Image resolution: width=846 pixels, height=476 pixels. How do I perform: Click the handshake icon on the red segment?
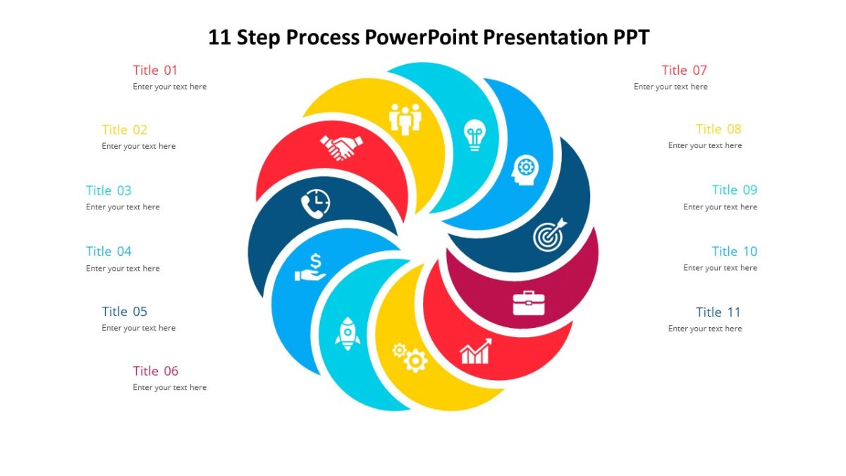pyautogui.click(x=341, y=147)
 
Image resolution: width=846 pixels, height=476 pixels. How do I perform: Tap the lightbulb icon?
pyautogui.click(x=474, y=135)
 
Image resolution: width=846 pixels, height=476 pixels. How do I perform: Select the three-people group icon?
pyautogui.click(x=405, y=118)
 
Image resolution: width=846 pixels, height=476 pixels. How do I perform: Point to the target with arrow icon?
pyautogui.click(x=549, y=234)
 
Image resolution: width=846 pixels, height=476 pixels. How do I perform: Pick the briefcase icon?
pyautogui.click(x=528, y=303)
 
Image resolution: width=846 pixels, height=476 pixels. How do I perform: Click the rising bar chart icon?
pyautogui.click(x=476, y=350)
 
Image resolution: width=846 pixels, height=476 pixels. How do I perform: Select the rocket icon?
pyautogui.click(x=348, y=334)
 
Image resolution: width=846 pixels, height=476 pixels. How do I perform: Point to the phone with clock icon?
pyautogui.click(x=315, y=203)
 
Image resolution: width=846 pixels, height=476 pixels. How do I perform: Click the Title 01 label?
pyautogui.click(x=155, y=70)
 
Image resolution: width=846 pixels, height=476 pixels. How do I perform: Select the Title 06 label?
pyautogui.click(x=155, y=371)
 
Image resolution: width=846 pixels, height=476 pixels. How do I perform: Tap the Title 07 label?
pyautogui.click(x=684, y=70)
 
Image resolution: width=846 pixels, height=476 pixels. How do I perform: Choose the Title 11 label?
pyautogui.click(x=718, y=312)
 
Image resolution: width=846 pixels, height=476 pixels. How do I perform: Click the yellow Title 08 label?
pyautogui.click(x=718, y=129)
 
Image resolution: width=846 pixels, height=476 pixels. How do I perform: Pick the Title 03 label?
pyautogui.click(x=109, y=190)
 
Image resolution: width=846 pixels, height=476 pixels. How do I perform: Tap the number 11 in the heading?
pyautogui.click(x=220, y=37)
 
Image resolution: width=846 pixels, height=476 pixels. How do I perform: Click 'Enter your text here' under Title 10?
pyautogui.click(x=720, y=268)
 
